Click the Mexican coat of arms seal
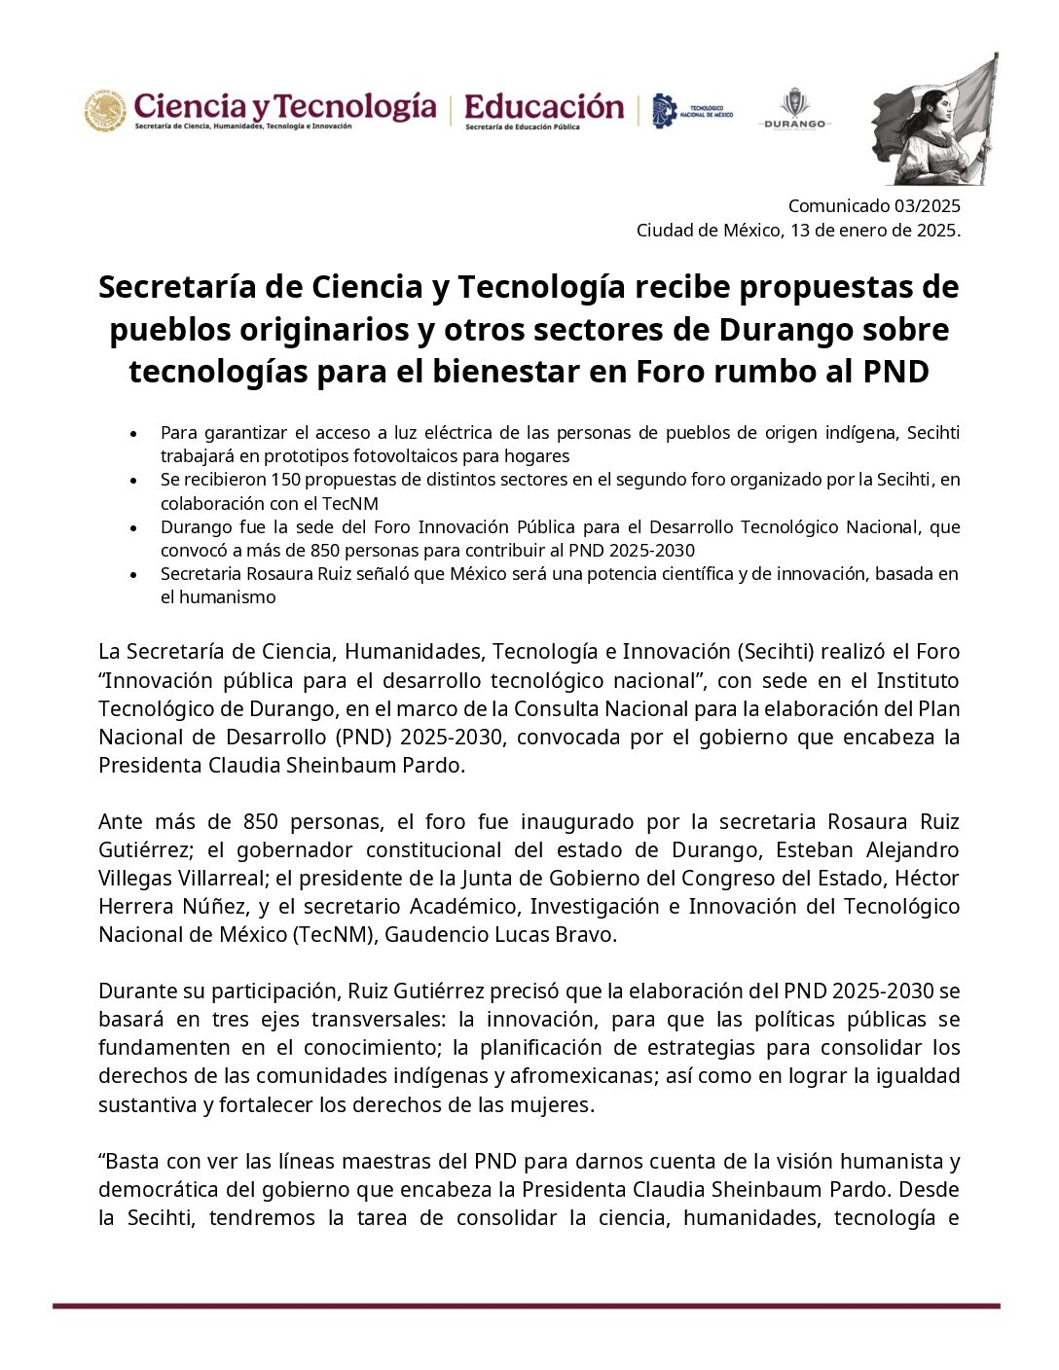pos(105,110)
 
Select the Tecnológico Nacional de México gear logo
pos(664,111)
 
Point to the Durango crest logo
pos(794,103)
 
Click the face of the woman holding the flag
pos(922,104)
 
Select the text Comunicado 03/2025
pos(873,205)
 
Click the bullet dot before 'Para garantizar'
pos(133,433)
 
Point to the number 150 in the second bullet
pos(285,480)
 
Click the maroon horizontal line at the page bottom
pos(526,1306)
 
